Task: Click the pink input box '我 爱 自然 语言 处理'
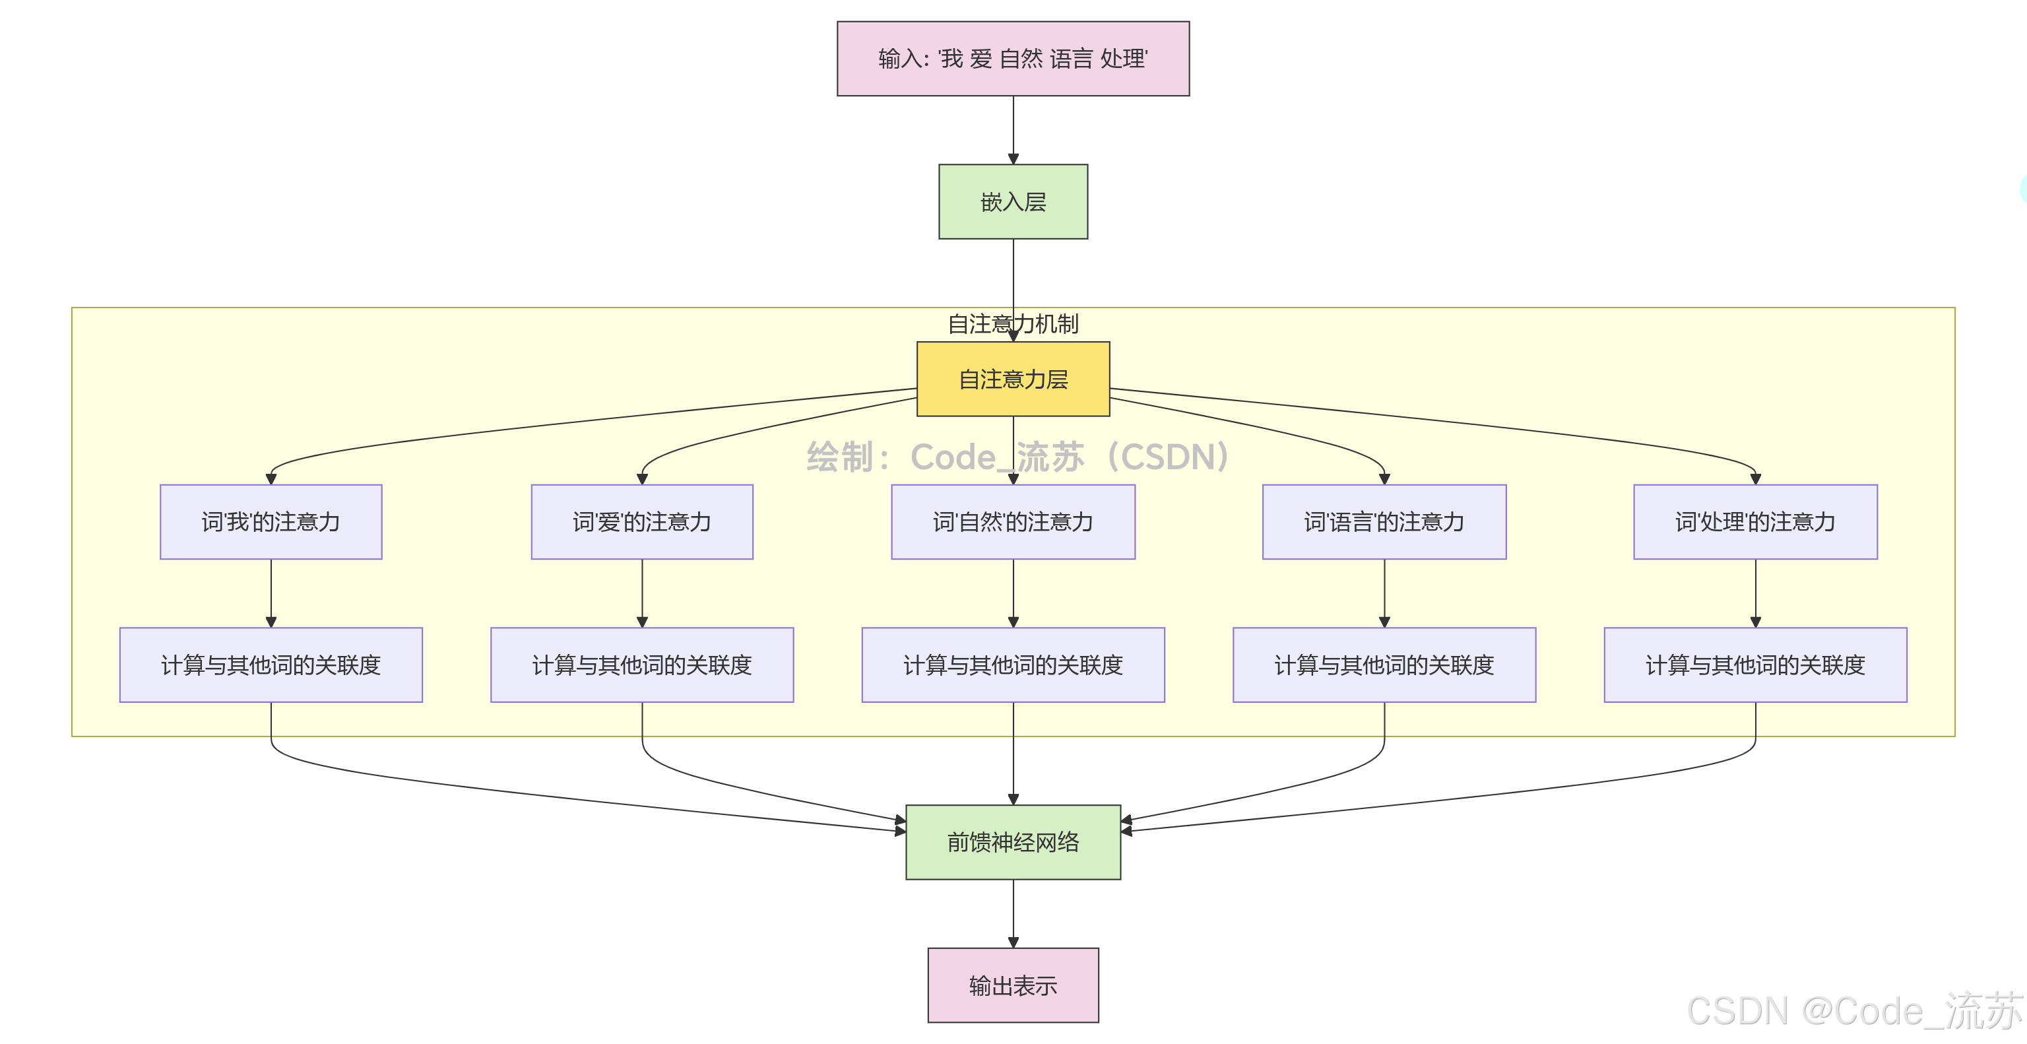pos(1013,59)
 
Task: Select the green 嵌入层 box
pos(1013,202)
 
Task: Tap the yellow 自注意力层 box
pos(1013,379)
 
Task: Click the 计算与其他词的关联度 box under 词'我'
pos(271,665)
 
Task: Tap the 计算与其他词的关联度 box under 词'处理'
pos(1754,665)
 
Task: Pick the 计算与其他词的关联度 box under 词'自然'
pos(1013,665)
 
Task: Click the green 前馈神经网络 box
pos(1013,842)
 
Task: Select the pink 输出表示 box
pos(1013,985)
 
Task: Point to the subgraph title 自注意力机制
pos(1013,323)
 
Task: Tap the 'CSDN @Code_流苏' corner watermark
pos(1853,1011)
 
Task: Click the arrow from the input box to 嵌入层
pos(1013,130)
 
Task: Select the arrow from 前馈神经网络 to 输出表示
pos(1013,913)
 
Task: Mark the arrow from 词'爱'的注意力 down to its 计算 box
pos(642,593)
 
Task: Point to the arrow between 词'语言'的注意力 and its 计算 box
pos(1384,593)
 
